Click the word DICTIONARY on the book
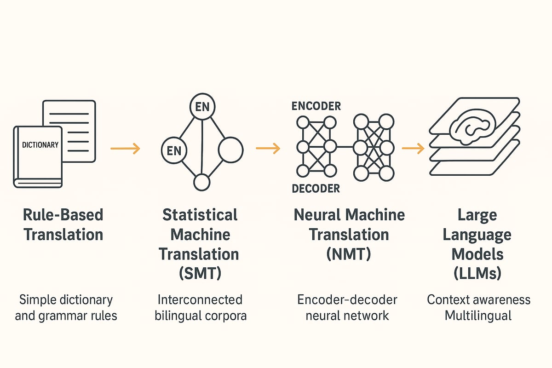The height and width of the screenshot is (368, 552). [40, 145]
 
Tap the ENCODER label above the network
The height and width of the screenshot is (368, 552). [316, 106]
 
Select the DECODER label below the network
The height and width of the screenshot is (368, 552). [316, 188]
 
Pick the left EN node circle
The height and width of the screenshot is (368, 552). [174, 150]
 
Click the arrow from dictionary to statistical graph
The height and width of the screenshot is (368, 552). [125, 148]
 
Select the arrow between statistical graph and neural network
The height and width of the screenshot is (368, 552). [268, 148]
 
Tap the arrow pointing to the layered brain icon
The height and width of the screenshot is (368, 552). [412, 148]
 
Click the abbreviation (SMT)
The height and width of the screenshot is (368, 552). [200, 274]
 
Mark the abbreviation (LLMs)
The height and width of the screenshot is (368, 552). [477, 274]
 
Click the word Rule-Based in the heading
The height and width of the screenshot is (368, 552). [63, 215]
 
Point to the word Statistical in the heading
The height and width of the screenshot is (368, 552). [200, 215]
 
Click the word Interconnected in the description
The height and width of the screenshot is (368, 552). [200, 300]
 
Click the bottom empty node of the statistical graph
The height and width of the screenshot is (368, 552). [202, 183]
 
